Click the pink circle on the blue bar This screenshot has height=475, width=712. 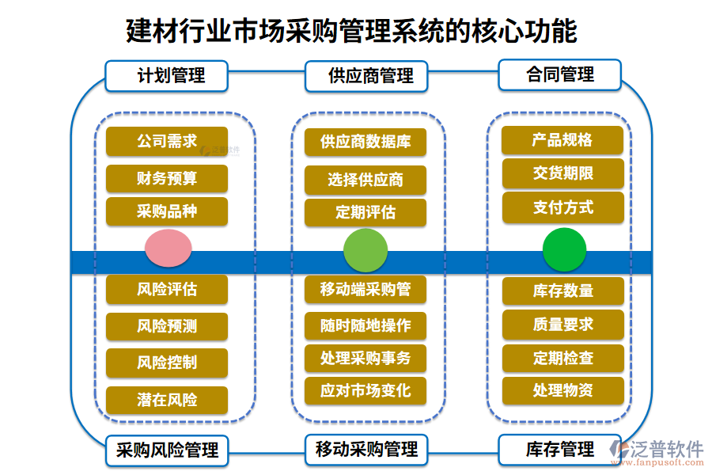click(169, 249)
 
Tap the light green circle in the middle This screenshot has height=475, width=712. click(365, 250)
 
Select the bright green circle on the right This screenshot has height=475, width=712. click(564, 249)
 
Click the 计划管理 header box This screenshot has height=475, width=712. click(167, 76)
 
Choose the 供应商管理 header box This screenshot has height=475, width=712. click(365, 77)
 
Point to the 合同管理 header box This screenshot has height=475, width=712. click(559, 75)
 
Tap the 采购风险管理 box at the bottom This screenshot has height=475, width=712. click(167, 450)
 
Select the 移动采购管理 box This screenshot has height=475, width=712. click(365, 450)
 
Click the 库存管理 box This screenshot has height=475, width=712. click(559, 450)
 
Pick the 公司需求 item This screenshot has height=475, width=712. click(167, 141)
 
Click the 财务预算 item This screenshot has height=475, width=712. click(167, 178)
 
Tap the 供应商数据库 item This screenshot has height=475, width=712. click(365, 142)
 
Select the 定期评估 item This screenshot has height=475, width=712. click(365, 213)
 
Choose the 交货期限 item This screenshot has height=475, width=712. click(562, 173)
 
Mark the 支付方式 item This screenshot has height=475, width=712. click(562, 208)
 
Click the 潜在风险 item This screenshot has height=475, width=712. click(167, 400)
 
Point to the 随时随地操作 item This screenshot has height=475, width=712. click(365, 325)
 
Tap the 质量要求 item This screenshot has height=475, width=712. click(562, 325)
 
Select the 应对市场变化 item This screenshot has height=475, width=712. click(365, 391)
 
